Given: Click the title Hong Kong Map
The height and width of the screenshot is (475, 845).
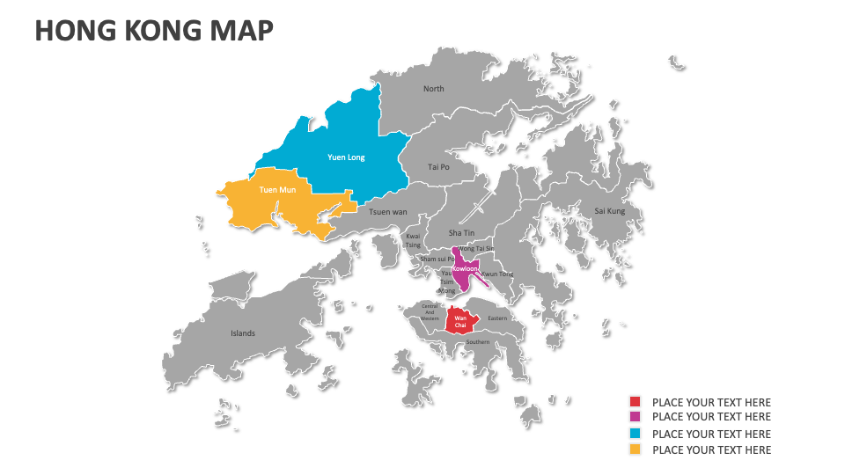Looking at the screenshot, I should coord(154,31).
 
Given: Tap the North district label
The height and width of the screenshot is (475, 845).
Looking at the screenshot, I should coord(434,89).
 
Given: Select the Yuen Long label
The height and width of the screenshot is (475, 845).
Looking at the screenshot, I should coord(346,157).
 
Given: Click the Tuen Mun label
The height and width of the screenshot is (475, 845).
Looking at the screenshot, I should coord(277,190).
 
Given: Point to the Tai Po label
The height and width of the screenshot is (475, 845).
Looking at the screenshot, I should coord(438,166).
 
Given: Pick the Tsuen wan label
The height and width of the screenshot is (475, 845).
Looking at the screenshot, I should coord(388,212).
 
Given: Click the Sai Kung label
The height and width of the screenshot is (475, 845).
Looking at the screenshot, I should coord(610,211).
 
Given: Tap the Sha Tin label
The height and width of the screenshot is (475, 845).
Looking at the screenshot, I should coord(461,233).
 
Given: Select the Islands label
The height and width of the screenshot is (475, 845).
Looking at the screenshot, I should coord(243,333).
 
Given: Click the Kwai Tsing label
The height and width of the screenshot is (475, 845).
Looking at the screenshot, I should coord(413,241).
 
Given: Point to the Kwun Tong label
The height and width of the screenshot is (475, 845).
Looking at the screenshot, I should coord(498,274).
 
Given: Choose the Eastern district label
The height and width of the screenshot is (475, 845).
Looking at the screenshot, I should coord(498,318).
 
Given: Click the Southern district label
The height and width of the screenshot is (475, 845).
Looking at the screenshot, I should coord(478,341).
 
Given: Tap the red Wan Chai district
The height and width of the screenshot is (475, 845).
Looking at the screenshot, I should coord(460,321).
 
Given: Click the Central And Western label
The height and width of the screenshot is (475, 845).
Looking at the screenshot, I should coord(430,312).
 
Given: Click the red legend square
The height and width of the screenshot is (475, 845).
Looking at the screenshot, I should coord(635,402).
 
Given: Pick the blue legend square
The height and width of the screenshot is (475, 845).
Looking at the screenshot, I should coord(635,434).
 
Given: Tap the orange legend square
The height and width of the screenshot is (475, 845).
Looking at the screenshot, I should coord(635,449).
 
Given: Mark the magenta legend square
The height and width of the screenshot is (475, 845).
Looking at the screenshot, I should coord(635,417).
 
